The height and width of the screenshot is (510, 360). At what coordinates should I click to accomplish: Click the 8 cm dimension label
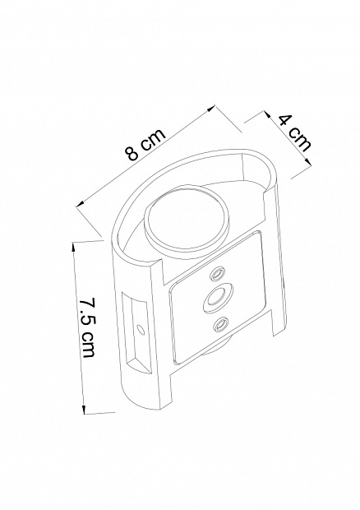[146, 145]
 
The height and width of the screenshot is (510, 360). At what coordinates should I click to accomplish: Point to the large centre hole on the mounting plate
[218, 297]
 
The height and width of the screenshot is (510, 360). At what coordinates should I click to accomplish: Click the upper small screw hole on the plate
[218, 274]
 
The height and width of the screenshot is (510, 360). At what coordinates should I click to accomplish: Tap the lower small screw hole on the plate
[220, 325]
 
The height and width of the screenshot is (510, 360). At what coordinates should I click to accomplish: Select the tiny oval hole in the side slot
[140, 329]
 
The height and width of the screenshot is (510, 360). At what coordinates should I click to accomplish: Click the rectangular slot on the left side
[137, 332]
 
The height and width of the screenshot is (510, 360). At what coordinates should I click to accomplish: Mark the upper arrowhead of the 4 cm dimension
[267, 114]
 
